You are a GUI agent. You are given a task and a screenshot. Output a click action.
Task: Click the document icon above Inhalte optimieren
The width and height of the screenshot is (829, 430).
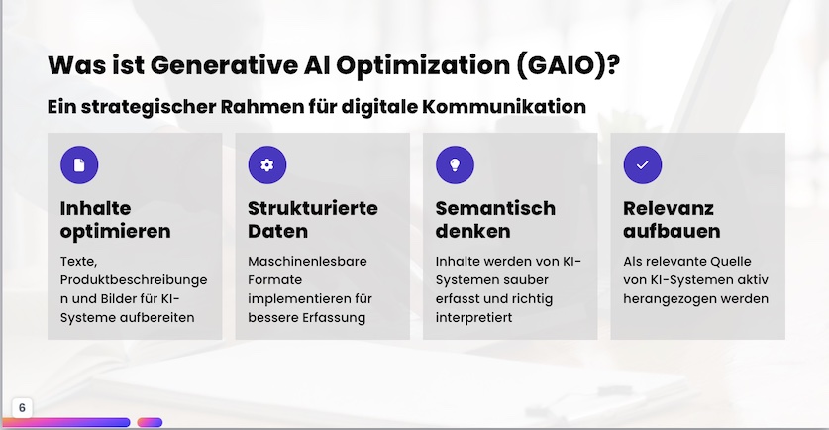point(79,165)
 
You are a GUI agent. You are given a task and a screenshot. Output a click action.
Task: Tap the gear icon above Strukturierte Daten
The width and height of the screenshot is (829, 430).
point(267,165)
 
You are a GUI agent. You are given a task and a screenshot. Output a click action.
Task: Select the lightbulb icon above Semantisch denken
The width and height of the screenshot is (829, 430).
point(455,165)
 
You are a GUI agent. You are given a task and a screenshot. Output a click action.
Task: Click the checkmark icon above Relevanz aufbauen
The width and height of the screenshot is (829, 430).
point(643,165)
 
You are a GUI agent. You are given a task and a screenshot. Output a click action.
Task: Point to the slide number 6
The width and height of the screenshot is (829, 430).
point(22,408)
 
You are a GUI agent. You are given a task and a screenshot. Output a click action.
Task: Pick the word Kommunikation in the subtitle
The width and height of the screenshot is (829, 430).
point(504,107)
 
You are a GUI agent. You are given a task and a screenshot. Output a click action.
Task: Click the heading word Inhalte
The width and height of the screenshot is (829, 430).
point(95,208)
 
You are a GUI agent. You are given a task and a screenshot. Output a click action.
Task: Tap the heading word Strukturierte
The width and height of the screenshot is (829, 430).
point(312,208)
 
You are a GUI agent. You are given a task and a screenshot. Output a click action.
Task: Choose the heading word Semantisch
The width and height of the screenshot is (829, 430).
point(495,208)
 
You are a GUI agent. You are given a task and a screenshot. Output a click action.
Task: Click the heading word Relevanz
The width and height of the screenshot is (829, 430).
point(669,208)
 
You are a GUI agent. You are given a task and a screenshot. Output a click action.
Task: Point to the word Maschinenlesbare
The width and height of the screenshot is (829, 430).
point(307,262)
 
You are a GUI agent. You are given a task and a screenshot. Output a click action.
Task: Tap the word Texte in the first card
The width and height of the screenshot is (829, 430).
point(78,262)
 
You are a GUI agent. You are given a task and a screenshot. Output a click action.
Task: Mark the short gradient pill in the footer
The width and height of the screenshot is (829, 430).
point(150,422)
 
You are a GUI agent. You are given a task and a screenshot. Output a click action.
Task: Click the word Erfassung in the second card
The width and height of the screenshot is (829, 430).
point(332,318)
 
